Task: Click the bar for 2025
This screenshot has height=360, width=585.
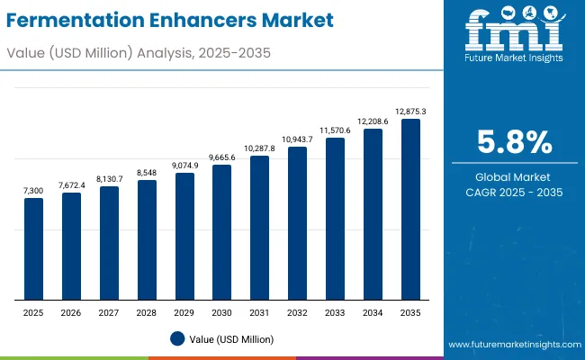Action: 33,249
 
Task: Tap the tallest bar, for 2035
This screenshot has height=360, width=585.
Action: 410,210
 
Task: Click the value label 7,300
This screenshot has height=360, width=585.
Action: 33,191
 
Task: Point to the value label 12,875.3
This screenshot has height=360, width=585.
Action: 410,112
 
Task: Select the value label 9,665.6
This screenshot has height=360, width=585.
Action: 221,157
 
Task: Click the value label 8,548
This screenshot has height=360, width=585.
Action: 147,173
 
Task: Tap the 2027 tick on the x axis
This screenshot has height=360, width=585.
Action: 109,312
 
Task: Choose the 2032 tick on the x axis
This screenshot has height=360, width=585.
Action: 297,312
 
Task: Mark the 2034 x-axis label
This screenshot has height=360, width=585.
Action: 373,312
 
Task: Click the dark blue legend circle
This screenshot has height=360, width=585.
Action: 177,338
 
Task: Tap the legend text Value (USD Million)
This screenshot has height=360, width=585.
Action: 232,338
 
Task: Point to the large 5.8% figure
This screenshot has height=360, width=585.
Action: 515,142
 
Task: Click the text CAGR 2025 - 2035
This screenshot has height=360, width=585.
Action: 515,193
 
